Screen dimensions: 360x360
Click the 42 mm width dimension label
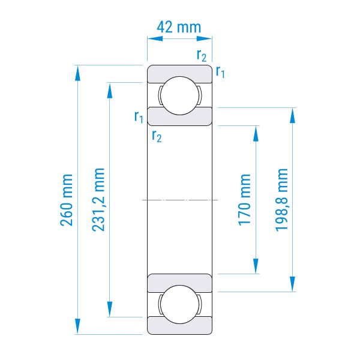pos(179,27)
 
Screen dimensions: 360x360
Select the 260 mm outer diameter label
pos(67,200)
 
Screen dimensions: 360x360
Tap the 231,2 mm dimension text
pos(98,199)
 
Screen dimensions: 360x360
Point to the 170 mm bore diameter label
pos(244,200)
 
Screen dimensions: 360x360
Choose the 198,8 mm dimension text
pos(281,200)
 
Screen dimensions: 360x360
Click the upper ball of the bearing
pos(179,95)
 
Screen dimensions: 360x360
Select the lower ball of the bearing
pos(179,304)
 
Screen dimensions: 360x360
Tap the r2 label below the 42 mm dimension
pos(202,56)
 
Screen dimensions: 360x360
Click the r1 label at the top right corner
pos(220,72)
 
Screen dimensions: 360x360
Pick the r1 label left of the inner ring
pos(139,117)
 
